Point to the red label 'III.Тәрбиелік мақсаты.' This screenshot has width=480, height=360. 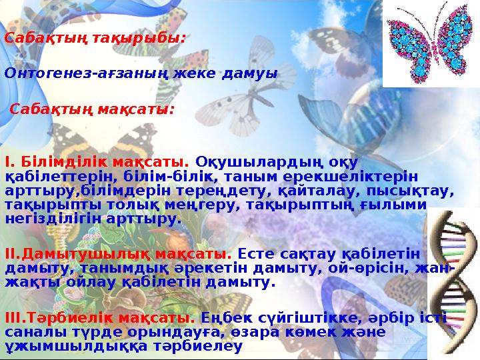(101, 317)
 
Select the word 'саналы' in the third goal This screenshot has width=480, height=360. (31, 332)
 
